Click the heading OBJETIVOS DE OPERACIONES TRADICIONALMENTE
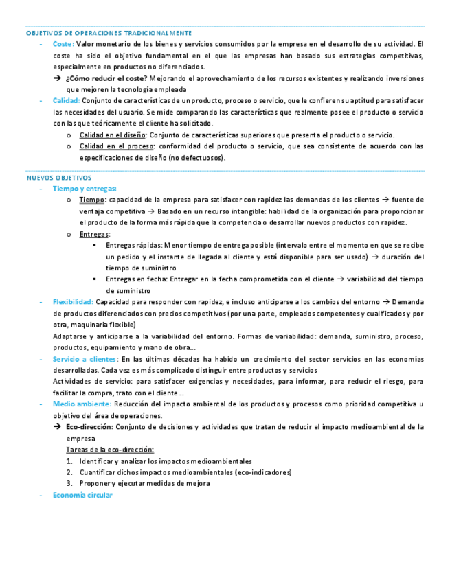tap(109, 33)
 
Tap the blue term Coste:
tap(63, 44)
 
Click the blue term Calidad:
tap(66, 100)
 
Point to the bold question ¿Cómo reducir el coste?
tap(106, 78)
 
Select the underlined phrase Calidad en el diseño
tap(113, 135)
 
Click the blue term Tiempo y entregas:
tap(85, 188)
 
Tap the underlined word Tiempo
tap(92, 200)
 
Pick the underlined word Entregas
tap(94, 234)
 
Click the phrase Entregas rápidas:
tap(133, 245)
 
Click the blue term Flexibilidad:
tap(73, 301)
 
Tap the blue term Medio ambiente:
tap(82, 404)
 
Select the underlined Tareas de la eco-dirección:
tap(110, 449)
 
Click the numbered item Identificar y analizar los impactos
tap(165, 461)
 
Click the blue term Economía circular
tap(82, 495)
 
